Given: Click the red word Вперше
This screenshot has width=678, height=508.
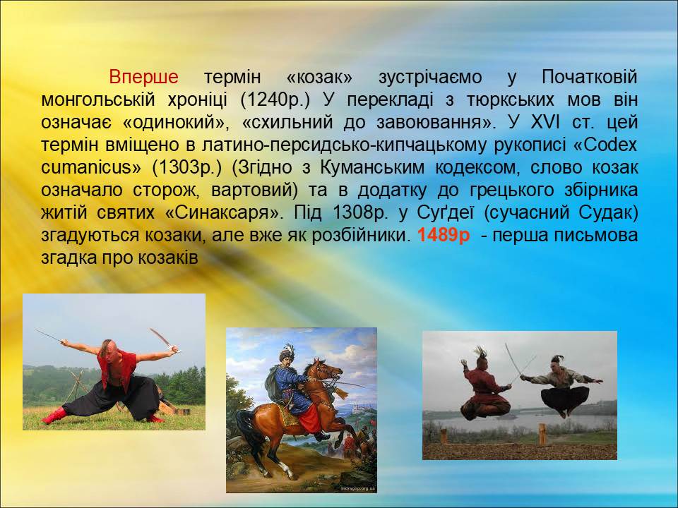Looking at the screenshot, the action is coord(143,77).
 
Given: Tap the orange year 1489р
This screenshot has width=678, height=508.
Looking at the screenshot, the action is coord(444,236).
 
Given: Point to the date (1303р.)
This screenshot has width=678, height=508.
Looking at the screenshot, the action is coord(186,168).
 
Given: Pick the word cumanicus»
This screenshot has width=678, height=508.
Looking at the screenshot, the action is coord(91,167).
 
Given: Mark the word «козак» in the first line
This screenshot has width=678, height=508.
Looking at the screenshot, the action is coord(319,77).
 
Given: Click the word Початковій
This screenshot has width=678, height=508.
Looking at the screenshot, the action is coord(590,77).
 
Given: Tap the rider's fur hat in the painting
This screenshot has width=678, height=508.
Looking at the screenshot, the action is coord(287,353).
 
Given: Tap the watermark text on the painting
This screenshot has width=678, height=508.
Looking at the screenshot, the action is coord(357,488).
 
